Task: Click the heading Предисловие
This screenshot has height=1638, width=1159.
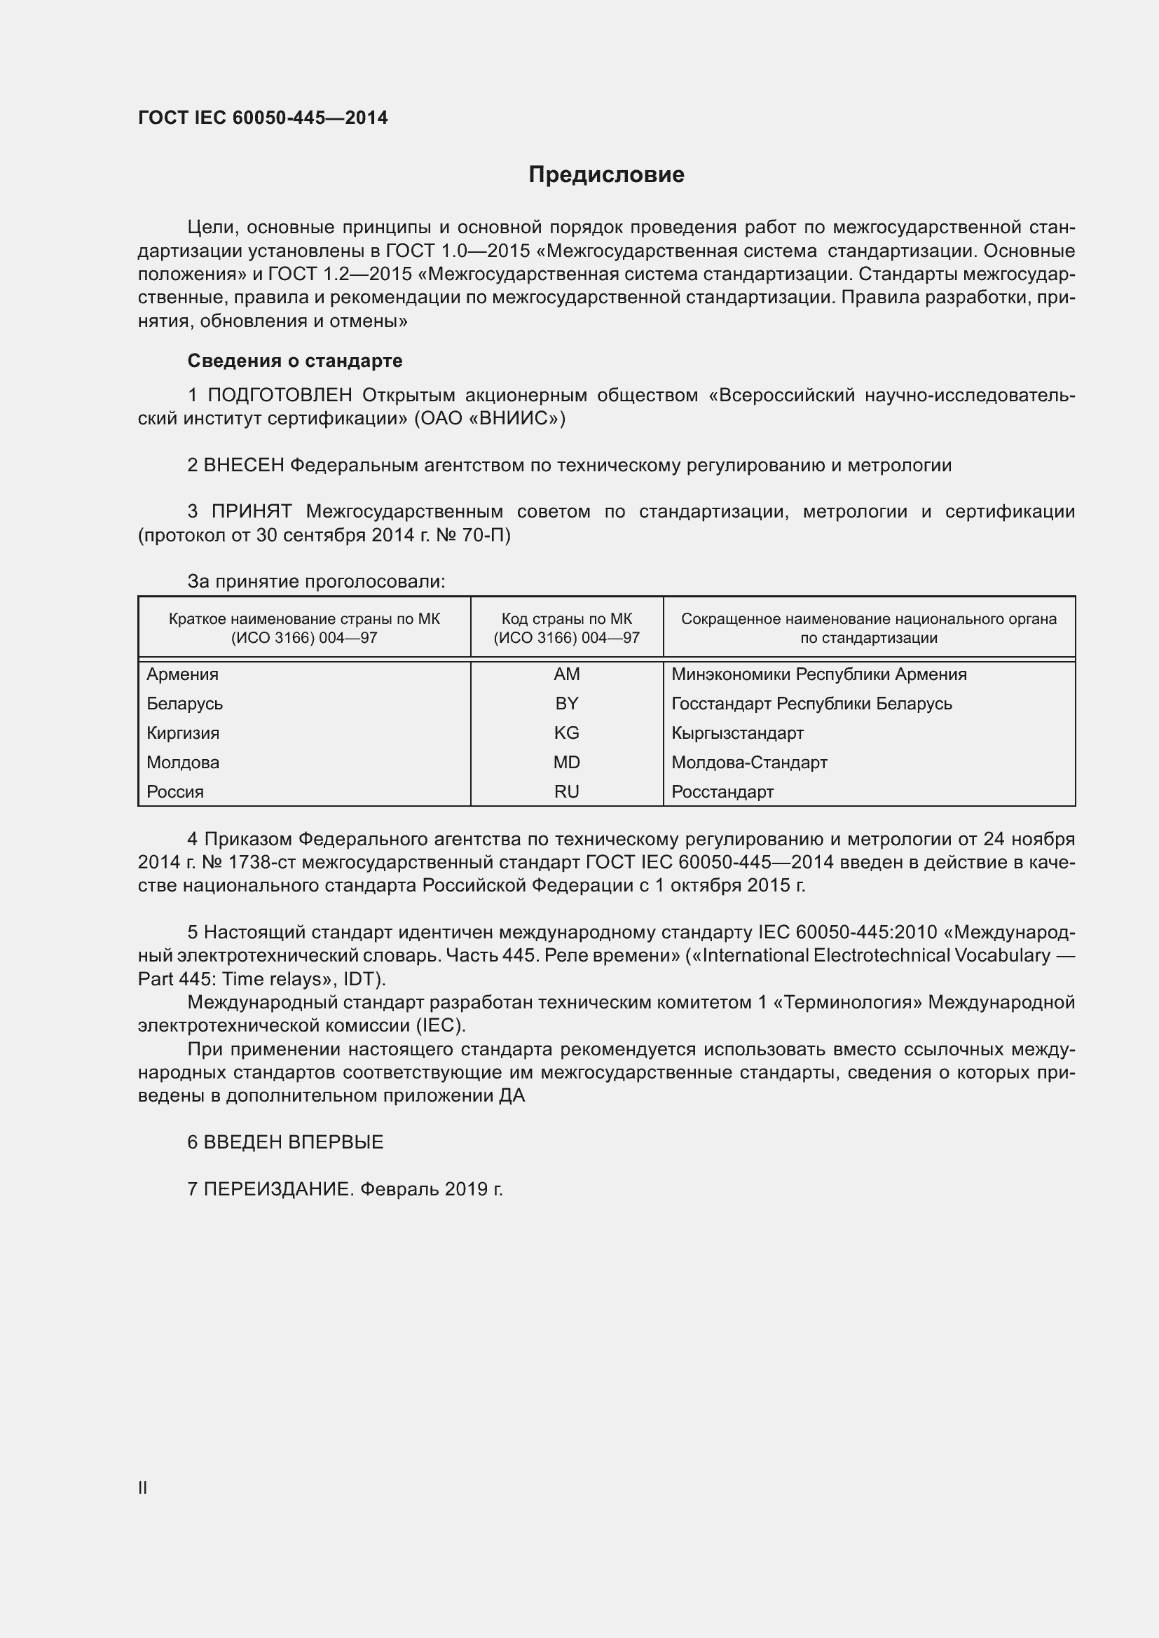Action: [x=606, y=175]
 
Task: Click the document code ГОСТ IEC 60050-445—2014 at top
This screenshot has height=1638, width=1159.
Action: [x=263, y=118]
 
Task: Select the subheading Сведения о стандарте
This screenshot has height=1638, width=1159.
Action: [x=295, y=361]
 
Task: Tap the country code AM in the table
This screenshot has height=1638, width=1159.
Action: [x=567, y=674]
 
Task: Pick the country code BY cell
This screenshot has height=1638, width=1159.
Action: [x=567, y=703]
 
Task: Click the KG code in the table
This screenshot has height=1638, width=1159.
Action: [x=567, y=733]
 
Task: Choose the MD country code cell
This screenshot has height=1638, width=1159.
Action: [x=567, y=762]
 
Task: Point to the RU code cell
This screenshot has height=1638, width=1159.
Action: [x=567, y=791]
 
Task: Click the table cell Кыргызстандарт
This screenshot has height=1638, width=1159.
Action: [x=737, y=733]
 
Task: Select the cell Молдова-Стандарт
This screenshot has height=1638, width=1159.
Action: [x=749, y=762]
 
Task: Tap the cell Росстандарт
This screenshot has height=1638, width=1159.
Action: [x=722, y=791]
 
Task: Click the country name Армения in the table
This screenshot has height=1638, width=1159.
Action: [x=183, y=674]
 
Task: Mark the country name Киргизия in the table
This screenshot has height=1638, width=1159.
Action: [x=183, y=733]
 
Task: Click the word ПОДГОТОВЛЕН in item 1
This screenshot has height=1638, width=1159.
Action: [x=280, y=395]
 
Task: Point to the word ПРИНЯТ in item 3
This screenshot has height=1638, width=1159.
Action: [x=252, y=511]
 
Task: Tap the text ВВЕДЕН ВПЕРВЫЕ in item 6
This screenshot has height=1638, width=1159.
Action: [x=294, y=1142]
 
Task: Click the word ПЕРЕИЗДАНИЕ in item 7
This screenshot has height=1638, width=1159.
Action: [x=278, y=1189]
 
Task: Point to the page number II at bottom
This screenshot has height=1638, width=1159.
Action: [x=143, y=1487]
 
